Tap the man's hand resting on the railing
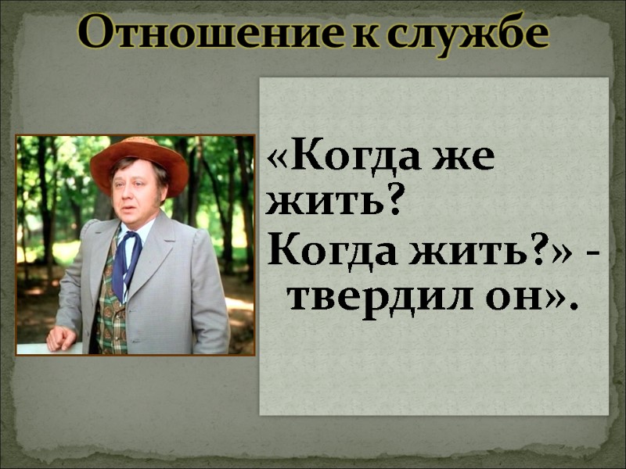click(61, 338)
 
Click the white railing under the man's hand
click(35, 349)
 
